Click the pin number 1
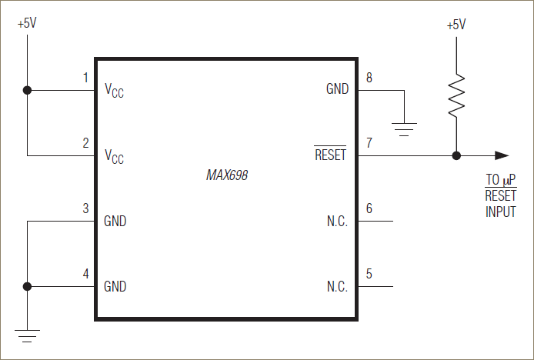85,78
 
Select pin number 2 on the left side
85,143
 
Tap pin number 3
85,208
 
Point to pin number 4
85,274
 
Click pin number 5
369,274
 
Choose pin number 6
369,208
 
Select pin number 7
369,143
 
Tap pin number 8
369,78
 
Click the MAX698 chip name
227,175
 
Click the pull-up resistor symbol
456,96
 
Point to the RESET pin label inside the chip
331,155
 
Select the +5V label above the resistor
456,25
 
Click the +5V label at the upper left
27,23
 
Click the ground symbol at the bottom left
27,335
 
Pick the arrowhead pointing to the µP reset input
501,155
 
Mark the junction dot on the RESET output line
456,155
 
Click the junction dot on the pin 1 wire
28,90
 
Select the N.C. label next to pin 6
337,222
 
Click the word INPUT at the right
500,212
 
